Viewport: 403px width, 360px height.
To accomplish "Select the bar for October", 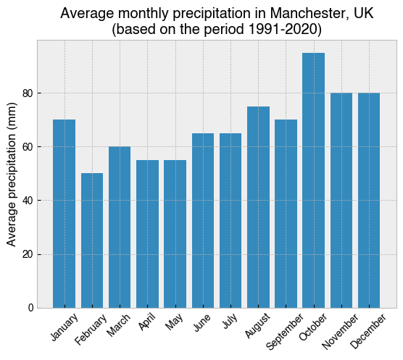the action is (313, 180).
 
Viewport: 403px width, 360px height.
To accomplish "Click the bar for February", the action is (92, 240).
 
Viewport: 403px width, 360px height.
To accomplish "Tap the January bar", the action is (65, 214).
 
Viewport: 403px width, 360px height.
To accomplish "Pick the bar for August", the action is (258, 207).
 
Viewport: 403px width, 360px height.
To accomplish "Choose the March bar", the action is (120, 227).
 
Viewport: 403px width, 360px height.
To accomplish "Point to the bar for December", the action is (369, 201).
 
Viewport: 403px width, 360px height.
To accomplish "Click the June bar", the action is (203, 221).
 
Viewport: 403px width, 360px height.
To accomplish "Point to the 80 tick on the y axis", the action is (28, 93).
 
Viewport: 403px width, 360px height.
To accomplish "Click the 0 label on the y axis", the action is (31, 308).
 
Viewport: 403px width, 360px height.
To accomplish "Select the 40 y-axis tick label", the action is (28, 201).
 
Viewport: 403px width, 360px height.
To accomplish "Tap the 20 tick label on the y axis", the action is (28, 254).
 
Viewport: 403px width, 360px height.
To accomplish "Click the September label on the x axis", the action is (285, 332).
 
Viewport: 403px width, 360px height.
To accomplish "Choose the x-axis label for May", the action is (174, 322).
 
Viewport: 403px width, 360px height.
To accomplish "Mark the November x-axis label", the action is (340, 332).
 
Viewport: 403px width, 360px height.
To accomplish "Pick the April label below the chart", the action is (146, 322).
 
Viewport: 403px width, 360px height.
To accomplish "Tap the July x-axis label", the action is (230, 321).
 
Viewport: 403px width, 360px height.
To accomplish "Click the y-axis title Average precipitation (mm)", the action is (12, 175).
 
